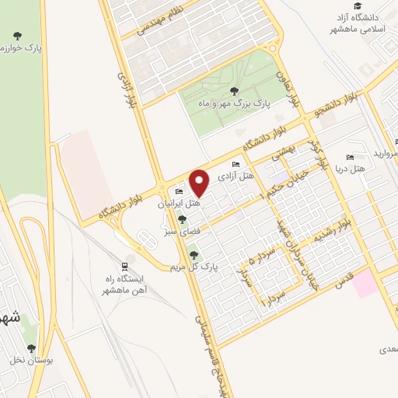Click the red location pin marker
[x=200, y=183]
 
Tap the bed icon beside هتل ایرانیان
[x=180, y=191]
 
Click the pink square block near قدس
[x=366, y=285]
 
